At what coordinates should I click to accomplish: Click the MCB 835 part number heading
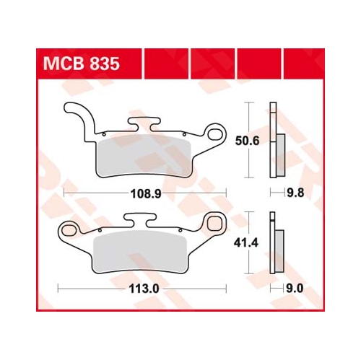(x=81, y=63)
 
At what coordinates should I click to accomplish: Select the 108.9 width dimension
(x=146, y=193)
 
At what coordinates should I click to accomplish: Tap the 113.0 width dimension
(x=144, y=289)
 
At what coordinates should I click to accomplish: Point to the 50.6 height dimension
(x=247, y=141)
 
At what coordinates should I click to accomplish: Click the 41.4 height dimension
(x=246, y=243)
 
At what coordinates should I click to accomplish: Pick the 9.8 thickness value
(x=295, y=193)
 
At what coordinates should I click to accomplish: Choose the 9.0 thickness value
(x=295, y=289)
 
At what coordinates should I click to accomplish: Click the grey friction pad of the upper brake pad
(x=143, y=156)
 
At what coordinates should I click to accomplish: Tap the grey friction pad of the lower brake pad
(x=140, y=252)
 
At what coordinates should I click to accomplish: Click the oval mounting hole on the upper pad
(x=215, y=134)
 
